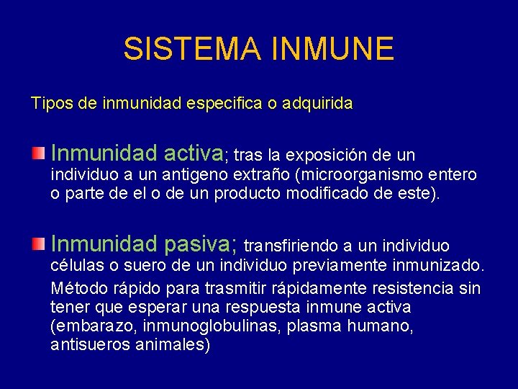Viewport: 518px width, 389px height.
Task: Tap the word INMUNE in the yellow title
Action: pos(333,49)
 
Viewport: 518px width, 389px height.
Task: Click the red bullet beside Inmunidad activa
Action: pos(38,153)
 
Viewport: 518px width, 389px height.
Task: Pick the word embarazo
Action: pos(86,326)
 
